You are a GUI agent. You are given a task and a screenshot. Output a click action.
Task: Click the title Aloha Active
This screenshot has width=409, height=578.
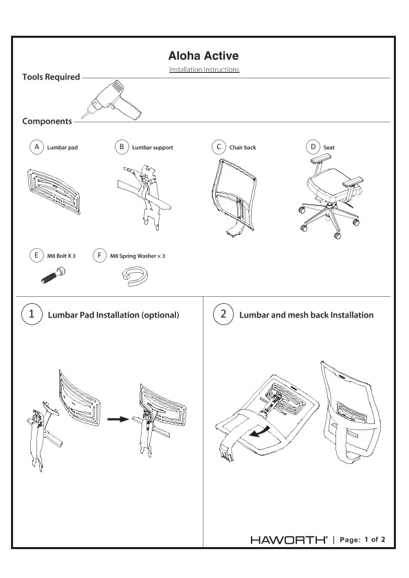coord(204,56)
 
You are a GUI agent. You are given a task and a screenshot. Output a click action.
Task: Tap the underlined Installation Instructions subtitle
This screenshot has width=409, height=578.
coord(204,70)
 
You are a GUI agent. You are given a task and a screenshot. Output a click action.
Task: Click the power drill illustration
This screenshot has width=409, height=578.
coord(113,100)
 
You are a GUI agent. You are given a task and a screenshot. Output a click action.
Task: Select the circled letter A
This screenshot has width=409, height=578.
coord(36,147)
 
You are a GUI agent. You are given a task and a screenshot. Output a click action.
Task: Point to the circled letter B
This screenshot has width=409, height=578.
coord(121,147)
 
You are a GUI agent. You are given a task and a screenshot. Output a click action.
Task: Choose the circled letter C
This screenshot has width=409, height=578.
coord(217,147)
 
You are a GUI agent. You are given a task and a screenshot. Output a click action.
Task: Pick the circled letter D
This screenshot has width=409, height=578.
coord(313,147)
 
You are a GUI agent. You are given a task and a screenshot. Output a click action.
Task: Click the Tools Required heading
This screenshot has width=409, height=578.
coord(51,77)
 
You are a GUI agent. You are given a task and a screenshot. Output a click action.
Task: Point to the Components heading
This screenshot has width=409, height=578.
coord(47,122)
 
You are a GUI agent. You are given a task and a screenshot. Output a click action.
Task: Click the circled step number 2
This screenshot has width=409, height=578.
coord(223,315)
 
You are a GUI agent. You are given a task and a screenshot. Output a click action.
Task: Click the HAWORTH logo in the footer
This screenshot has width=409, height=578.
coord(289,540)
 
